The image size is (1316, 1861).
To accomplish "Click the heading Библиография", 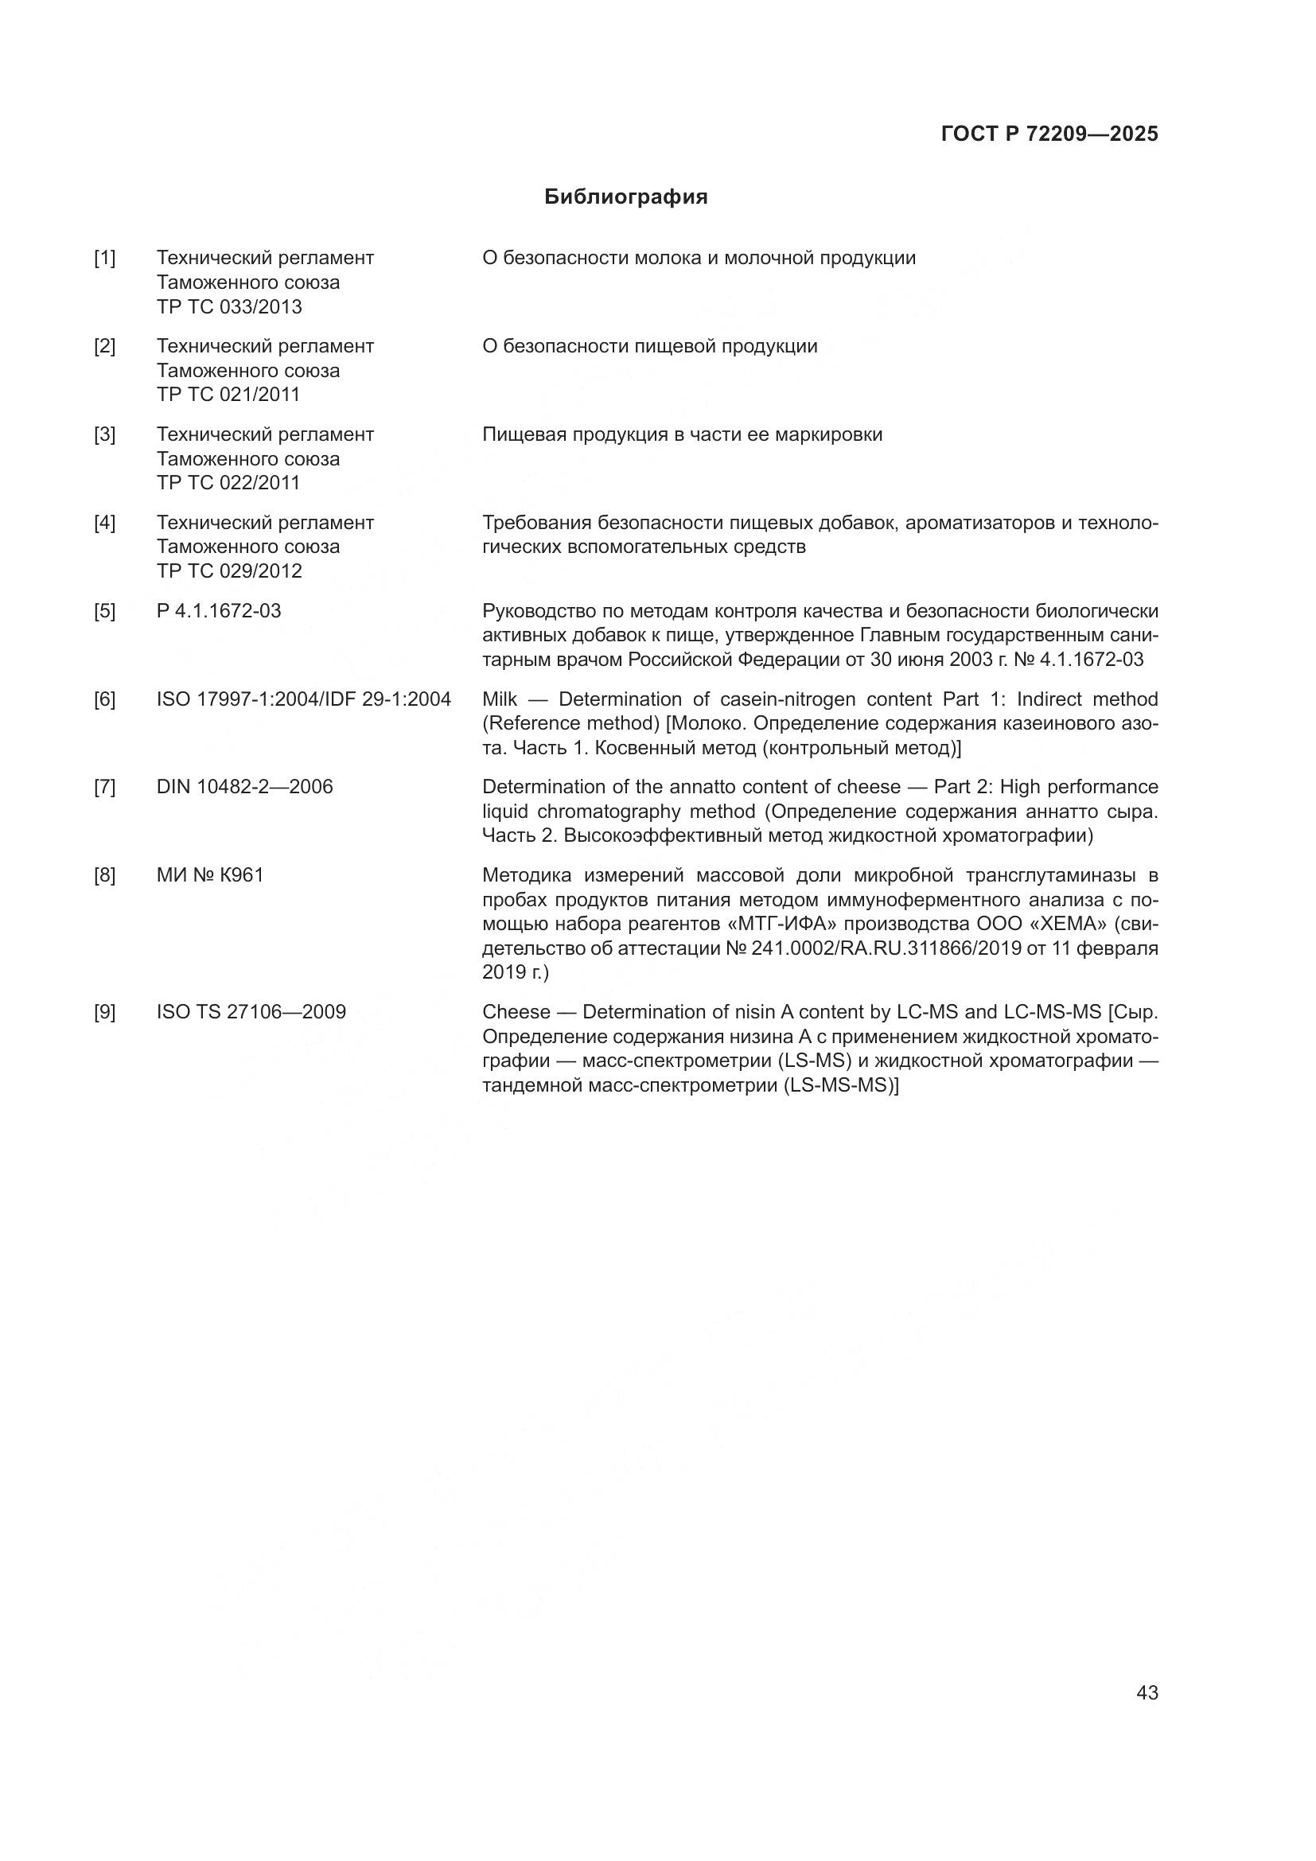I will [625, 197].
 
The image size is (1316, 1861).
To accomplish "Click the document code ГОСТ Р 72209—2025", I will [1049, 134].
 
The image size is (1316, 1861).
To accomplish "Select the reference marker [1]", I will [104, 259].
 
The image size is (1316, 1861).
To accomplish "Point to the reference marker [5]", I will [104, 611].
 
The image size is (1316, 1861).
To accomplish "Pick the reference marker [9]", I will [104, 1012].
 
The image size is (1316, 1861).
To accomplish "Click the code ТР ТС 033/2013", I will [229, 307].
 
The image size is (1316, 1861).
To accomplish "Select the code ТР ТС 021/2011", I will [228, 395].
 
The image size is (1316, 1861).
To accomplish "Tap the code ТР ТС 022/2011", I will [228, 483].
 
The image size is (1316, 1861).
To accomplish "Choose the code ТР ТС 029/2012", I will [229, 571].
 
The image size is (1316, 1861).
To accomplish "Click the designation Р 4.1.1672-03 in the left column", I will [219, 611].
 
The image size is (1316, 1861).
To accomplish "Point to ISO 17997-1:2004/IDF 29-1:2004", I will [304, 699].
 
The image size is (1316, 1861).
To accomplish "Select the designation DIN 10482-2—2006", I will [245, 787].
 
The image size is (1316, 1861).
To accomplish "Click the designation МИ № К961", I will [210, 875].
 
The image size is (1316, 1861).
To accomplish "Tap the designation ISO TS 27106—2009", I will [251, 1012].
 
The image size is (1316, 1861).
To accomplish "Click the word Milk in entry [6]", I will [499, 699].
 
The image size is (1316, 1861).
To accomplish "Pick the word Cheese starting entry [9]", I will [513, 1012].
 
